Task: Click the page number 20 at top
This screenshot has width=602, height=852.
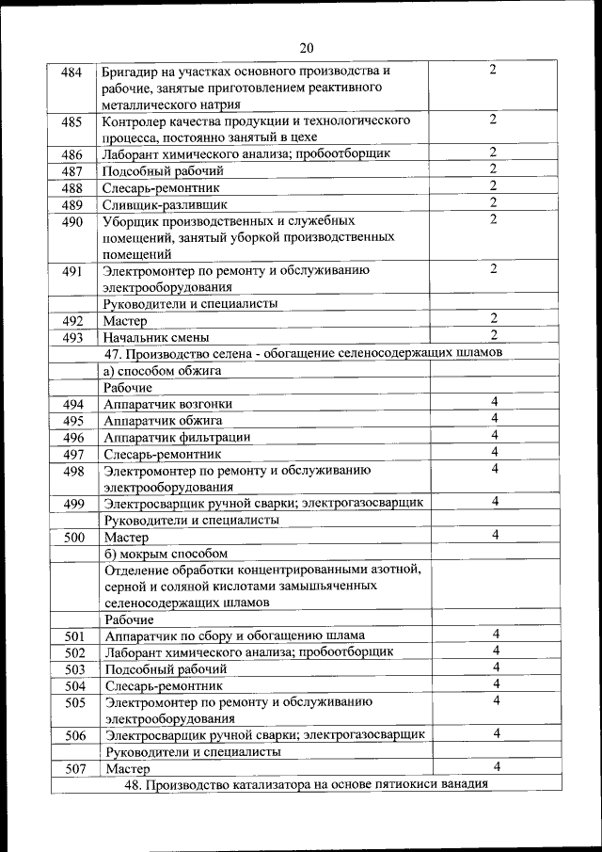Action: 307,49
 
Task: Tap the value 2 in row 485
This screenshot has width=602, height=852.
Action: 493,120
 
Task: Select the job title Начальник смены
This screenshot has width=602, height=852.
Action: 156,337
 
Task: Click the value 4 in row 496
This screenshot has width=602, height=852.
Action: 493,436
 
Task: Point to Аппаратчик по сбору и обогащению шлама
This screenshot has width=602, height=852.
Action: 235,635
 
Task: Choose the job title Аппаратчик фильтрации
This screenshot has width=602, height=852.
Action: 177,437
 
